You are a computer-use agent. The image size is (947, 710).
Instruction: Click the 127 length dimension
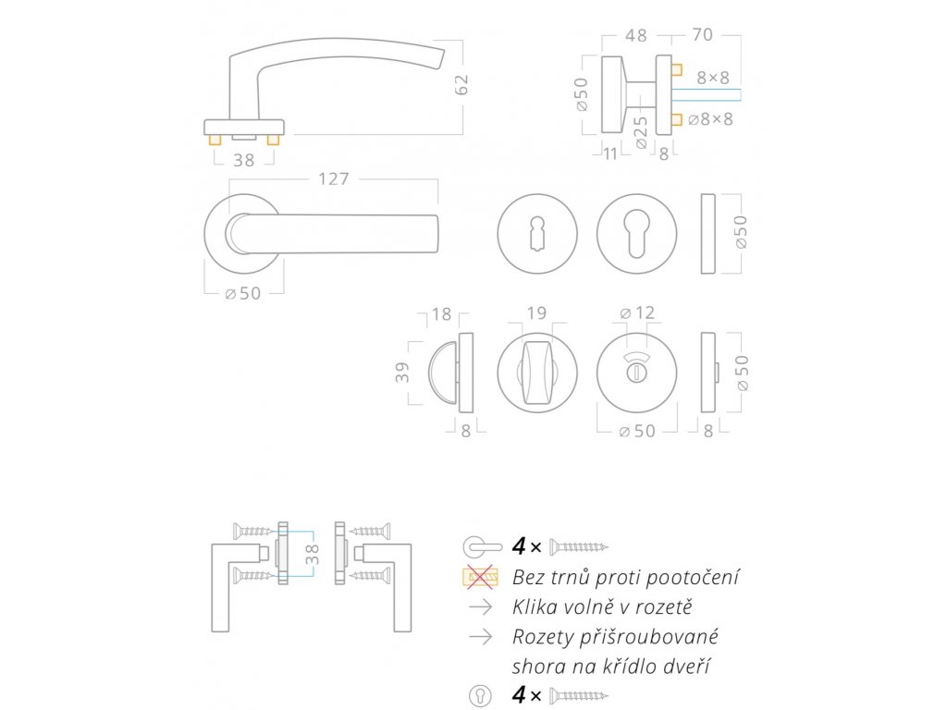pyautogui.click(x=333, y=178)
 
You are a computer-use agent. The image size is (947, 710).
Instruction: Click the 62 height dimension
pyautogui.click(x=462, y=84)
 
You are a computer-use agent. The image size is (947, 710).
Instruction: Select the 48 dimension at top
pyautogui.click(x=635, y=36)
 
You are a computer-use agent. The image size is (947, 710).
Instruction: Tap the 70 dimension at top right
pyautogui.click(x=702, y=36)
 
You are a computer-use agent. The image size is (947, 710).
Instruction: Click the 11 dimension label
pyautogui.click(x=609, y=153)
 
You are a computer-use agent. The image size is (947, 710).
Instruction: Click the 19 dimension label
pyautogui.click(x=536, y=313)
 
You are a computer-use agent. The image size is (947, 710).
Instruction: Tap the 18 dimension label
pyautogui.click(x=441, y=314)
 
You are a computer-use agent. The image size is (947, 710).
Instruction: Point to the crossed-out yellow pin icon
pyautogui.click(x=480, y=579)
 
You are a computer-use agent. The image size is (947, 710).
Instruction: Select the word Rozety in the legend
pyautogui.click(x=541, y=637)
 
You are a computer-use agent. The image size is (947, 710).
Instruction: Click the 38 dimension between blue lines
pyautogui.click(x=312, y=555)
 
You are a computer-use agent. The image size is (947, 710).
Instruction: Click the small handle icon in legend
pyautogui.click(x=482, y=546)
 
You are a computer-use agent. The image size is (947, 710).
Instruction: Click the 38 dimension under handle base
pyautogui.click(x=243, y=160)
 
